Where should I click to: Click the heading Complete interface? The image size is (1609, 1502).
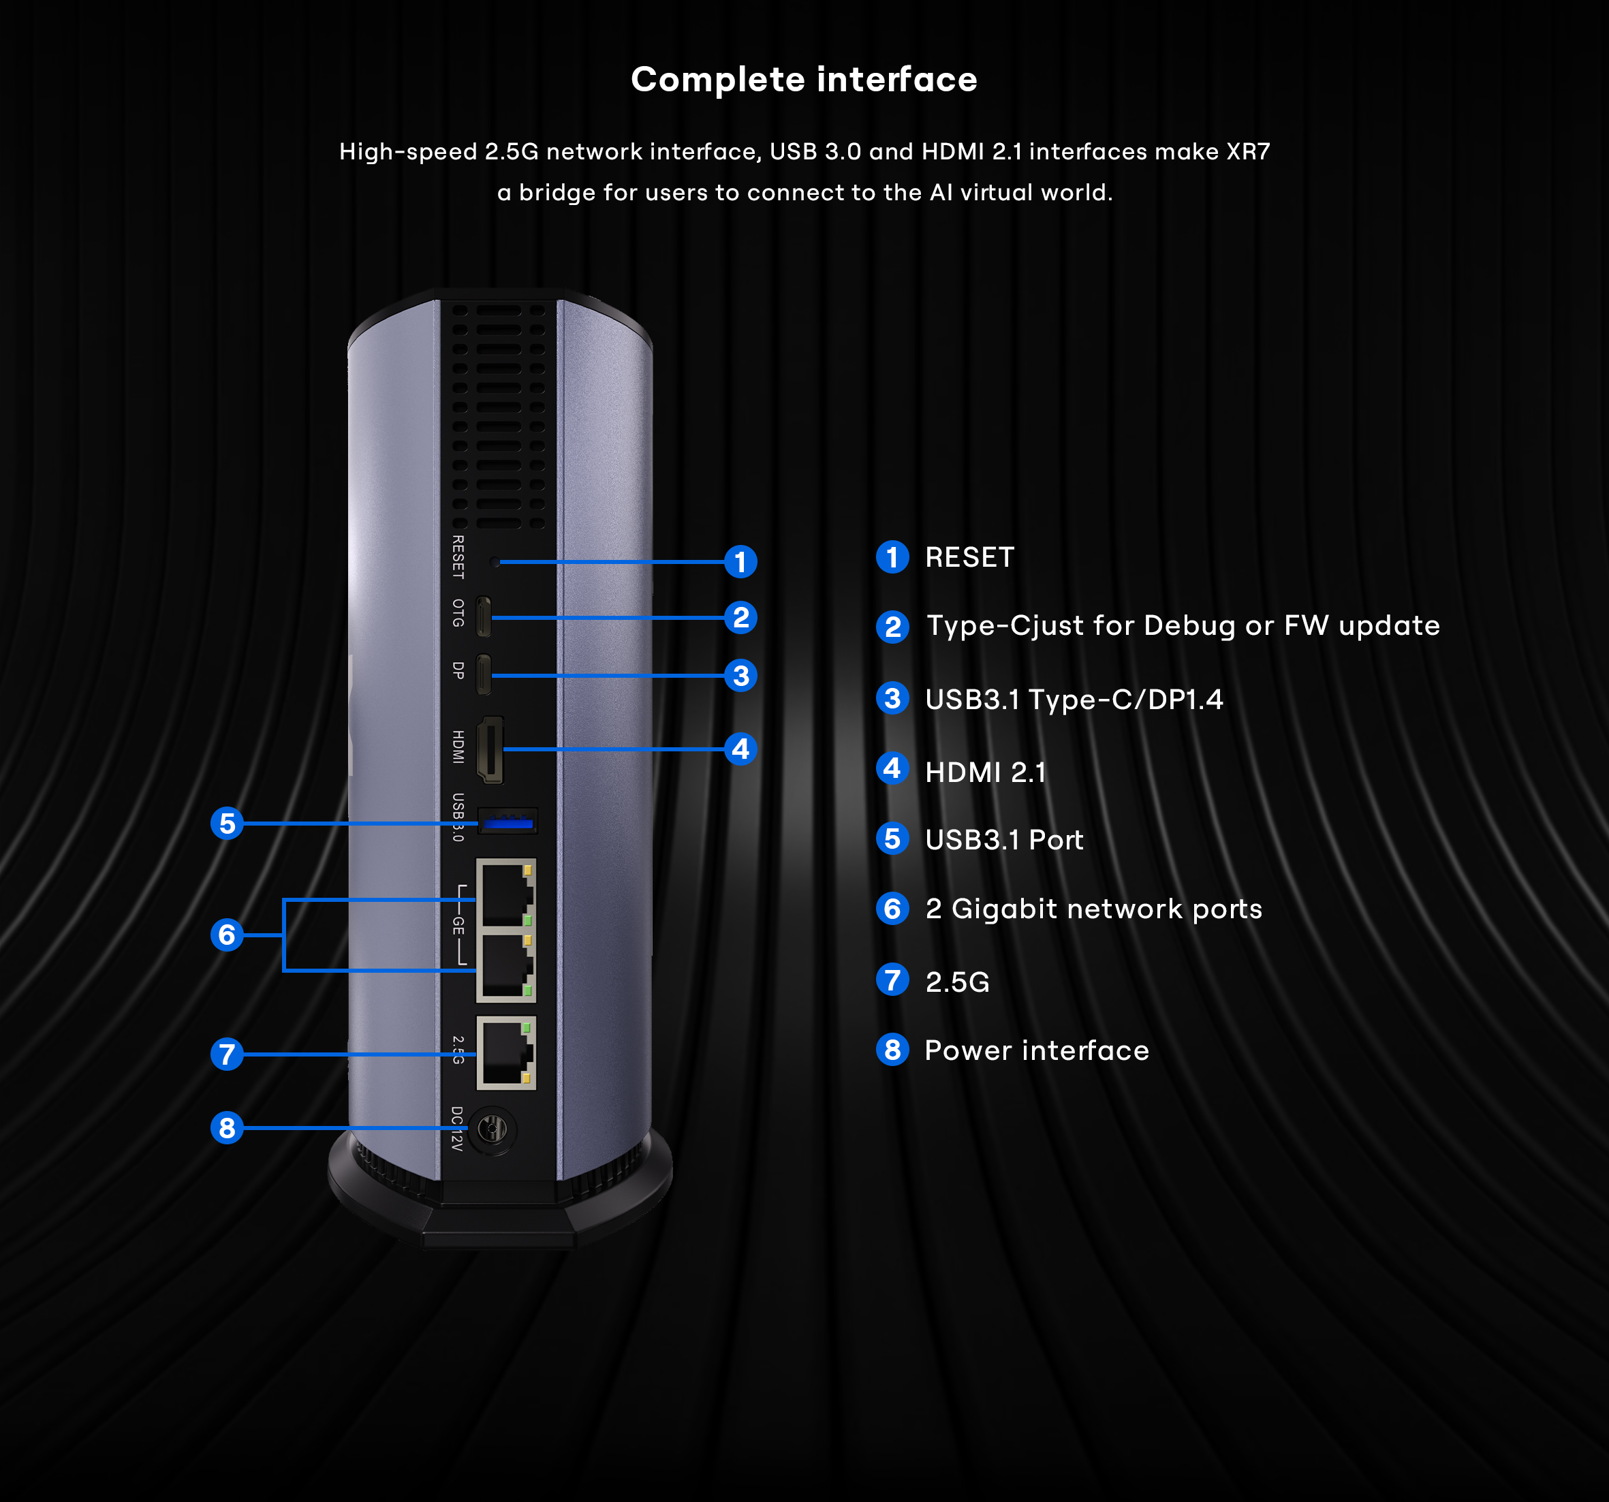(804, 79)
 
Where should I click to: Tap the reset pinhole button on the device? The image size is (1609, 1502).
(495, 561)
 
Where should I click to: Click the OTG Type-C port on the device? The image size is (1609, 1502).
(483, 616)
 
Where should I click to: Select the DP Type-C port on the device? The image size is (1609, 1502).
(483, 674)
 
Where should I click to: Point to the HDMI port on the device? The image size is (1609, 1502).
(490, 749)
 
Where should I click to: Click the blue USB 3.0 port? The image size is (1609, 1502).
(507, 822)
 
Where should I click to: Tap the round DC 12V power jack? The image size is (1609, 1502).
(491, 1128)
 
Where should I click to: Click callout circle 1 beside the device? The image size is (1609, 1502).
(740, 561)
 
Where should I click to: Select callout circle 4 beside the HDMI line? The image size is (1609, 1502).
(740, 749)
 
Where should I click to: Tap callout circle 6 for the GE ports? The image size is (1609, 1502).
(228, 935)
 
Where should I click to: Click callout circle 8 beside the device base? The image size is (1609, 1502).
(228, 1127)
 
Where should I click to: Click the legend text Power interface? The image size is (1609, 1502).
(1036, 1050)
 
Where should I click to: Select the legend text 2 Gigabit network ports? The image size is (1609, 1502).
(1093, 909)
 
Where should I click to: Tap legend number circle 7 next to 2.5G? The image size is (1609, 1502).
(892, 980)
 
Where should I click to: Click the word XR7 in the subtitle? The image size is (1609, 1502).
(1247, 151)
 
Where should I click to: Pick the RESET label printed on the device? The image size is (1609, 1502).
(458, 557)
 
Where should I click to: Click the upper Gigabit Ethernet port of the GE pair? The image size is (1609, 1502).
(505, 894)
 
